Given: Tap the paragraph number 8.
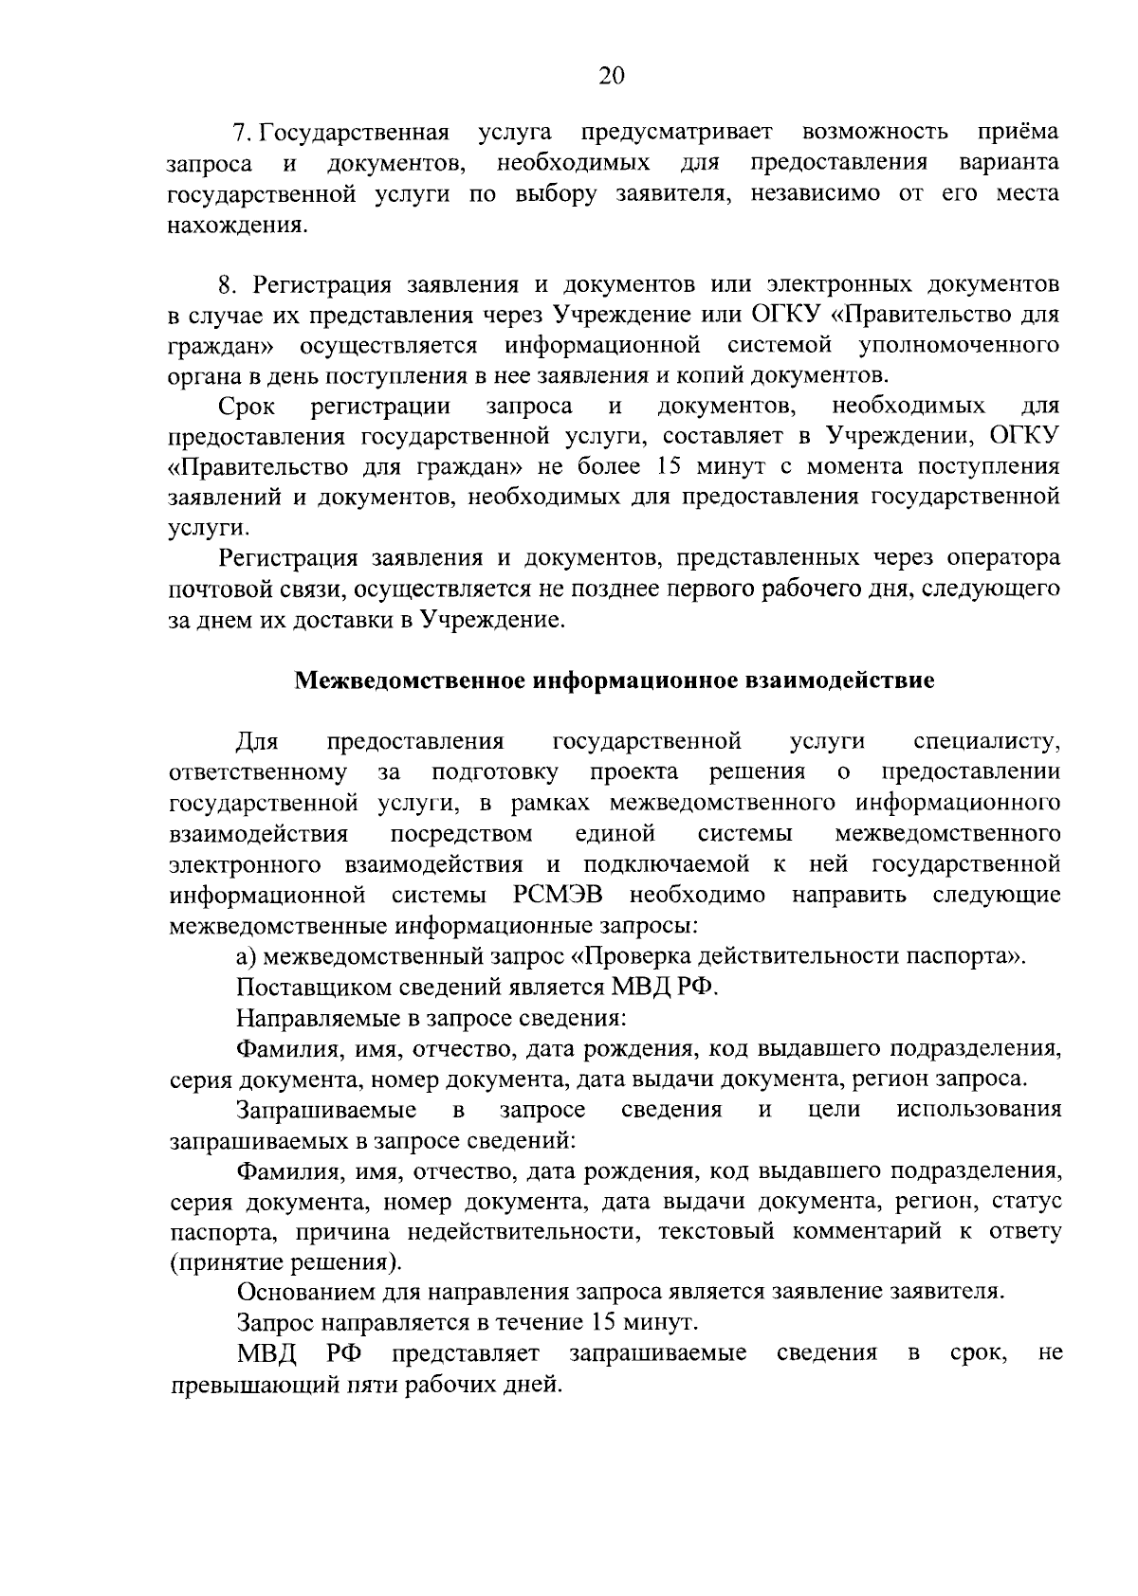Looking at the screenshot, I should (x=226, y=285).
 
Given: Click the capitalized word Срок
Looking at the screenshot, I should (x=247, y=408).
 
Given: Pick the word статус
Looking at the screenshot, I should (x=1026, y=1202).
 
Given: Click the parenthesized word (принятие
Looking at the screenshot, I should (x=222, y=1263).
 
